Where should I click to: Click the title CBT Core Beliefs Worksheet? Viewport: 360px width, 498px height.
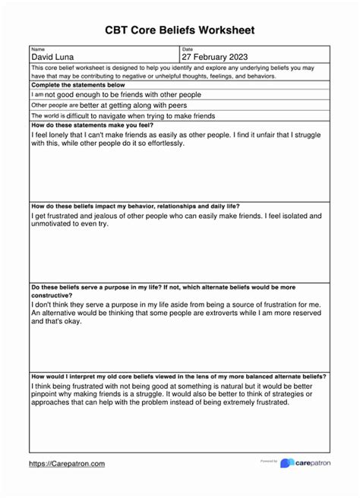click(x=179, y=30)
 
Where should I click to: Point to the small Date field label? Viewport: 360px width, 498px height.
click(x=187, y=49)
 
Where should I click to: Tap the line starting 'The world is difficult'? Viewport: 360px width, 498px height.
click(x=123, y=116)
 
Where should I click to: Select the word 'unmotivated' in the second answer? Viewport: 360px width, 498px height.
click(x=54, y=223)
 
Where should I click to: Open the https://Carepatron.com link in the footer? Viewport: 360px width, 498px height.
click(x=67, y=463)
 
